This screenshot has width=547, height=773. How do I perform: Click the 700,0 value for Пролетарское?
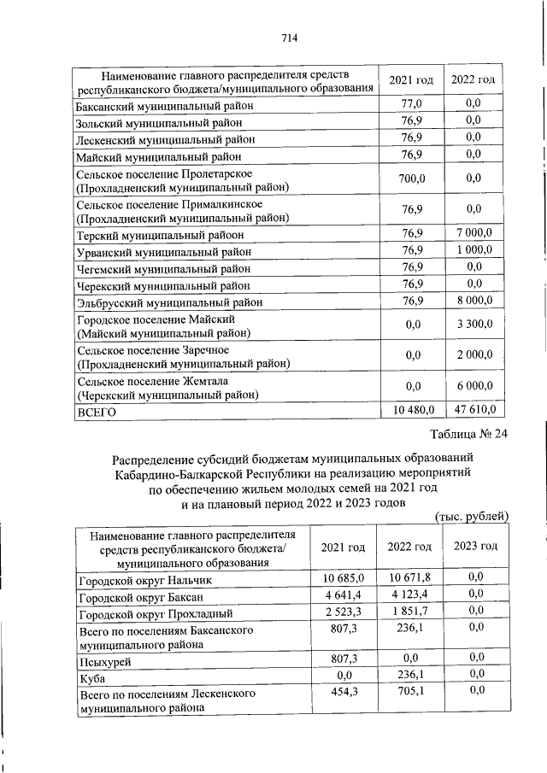(x=412, y=178)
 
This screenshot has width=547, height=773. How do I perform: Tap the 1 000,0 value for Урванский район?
(x=473, y=251)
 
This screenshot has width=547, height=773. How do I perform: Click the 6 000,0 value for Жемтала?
(x=473, y=385)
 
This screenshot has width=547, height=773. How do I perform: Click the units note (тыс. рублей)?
(x=472, y=516)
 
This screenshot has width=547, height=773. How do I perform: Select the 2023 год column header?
(x=475, y=547)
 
